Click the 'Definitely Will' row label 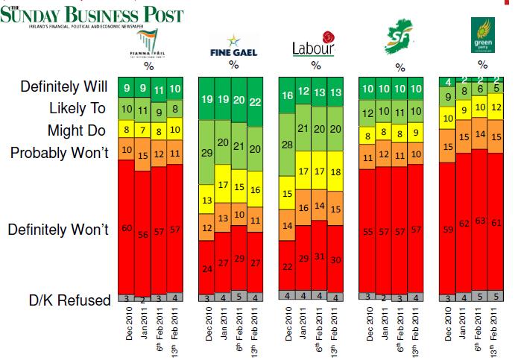pos(64,88)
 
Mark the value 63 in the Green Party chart pos(481,220)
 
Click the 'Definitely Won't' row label pos(58,230)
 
